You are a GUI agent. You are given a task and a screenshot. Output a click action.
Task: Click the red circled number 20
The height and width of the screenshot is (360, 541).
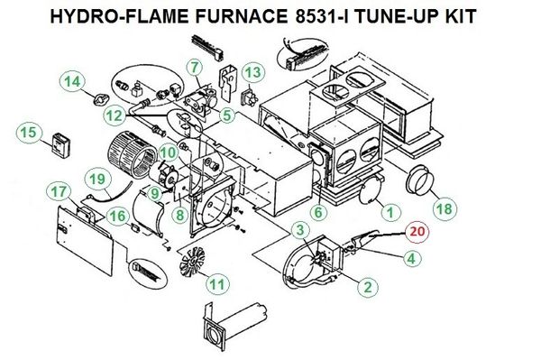pyautogui.click(x=417, y=231)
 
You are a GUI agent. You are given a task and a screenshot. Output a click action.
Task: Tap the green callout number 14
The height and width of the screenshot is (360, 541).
pyautogui.click(x=72, y=82)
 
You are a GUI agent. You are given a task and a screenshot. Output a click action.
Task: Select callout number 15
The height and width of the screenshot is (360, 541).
pyautogui.click(x=28, y=133)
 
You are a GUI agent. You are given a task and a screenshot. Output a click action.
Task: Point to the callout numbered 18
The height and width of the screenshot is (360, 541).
pyautogui.click(x=445, y=208)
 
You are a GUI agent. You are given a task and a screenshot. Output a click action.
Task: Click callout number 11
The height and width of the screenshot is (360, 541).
pyautogui.click(x=217, y=285)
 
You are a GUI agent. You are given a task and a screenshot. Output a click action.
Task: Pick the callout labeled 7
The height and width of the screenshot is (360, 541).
pyautogui.click(x=196, y=68)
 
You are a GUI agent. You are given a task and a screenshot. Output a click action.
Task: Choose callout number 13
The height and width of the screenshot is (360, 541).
pyautogui.click(x=253, y=73)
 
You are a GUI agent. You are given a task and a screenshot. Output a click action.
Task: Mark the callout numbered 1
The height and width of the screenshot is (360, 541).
pyautogui.click(x=390, y=212)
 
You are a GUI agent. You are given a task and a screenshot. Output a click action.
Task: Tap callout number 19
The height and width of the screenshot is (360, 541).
pyautogui.click(x=97, y=180)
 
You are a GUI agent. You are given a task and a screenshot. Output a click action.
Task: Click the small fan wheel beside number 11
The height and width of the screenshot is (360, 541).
pyautogui.click(x=192, y=261)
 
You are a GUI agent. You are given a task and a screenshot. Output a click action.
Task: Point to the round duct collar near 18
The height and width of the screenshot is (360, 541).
pyautogui.click(x=417, y=180)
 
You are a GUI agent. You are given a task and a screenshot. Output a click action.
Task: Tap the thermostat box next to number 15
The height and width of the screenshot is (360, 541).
pyautogui.click(x=61, y=144)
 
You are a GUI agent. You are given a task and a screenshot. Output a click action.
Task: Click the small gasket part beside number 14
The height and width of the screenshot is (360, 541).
pyautogui.click(x=101, y=100)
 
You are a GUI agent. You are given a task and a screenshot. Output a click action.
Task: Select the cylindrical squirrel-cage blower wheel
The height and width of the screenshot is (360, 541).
pyautogui.click(x=131, y=154)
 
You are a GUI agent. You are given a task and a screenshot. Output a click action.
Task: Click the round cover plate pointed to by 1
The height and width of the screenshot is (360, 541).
pyautogui.click(x=370, y=191)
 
